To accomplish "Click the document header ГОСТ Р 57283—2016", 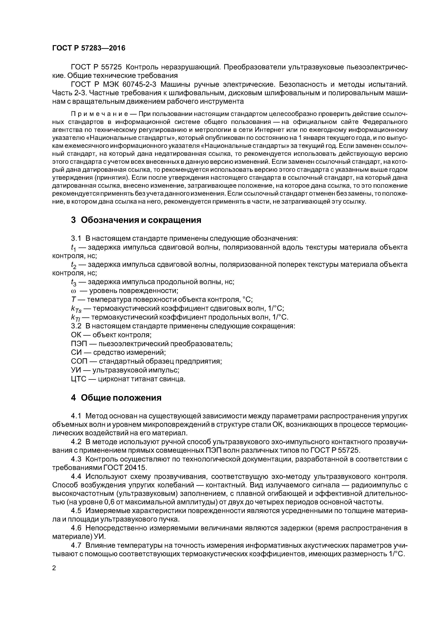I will (x=89, y=48).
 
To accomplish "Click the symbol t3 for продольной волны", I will (x=74, y=282).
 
